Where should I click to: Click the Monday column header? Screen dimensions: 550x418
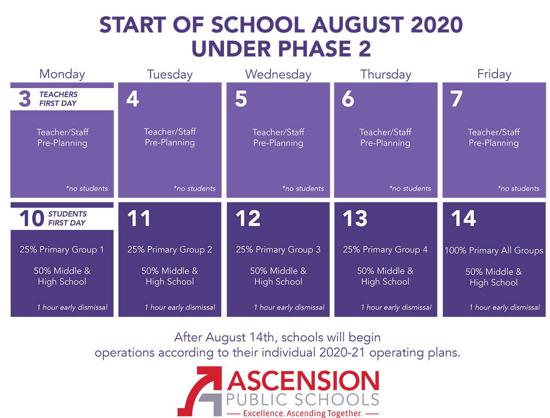[x=62, y=74]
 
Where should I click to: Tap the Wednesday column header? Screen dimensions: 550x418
[x=278, y=74]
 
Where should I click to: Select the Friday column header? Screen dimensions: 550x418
[x=494, y=74]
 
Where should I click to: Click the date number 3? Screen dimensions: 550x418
[x=25, y=99]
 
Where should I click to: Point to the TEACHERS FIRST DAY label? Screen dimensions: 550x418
[x=58, y=99]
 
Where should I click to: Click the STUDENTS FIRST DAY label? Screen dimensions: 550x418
[x=67, y=218]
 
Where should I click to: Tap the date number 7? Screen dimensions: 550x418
[x=457, y=99]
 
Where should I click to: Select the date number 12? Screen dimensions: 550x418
[x=248, y=218]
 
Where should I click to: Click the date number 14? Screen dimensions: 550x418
[x=463, y=218]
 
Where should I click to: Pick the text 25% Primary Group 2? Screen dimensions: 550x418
[x=170, y=250]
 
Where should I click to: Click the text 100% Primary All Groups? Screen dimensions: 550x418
[x=494, y=251]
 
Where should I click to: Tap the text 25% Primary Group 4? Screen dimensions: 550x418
[x=385, y=250]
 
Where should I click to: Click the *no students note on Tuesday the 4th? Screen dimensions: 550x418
[x=195, y=188]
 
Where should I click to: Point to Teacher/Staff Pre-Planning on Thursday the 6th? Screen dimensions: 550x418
[x=385, y=138]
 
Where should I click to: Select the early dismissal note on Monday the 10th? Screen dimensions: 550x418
[x=72, y=307]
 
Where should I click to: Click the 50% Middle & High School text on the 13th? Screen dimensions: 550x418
[x=385, y=276]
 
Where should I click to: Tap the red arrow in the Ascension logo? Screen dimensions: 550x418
[x=200, y=391]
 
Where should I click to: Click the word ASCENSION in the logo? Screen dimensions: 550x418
[x=303, y=380]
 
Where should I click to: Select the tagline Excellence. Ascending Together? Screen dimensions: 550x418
[x=303, y=413]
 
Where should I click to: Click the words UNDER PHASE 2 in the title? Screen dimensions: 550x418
[x=281, y=48]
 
